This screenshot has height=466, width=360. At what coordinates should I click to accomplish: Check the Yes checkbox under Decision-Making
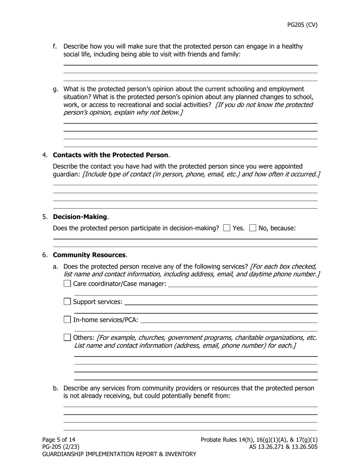[x=227, y=228]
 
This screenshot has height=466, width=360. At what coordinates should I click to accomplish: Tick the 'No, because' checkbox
[x=253, y=228]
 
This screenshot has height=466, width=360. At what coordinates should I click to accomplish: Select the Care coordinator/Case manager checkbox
[x=67, y=283]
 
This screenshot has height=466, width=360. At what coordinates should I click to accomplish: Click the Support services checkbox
[x=67, y=302]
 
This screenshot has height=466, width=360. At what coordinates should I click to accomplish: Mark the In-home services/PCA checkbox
[x=67, y=319]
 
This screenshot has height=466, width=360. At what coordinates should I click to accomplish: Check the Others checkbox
[x=67, y=337]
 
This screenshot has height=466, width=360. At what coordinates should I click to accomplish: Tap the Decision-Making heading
[x=80, y=217]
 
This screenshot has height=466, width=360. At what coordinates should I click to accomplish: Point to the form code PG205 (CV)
[x=302, y=25]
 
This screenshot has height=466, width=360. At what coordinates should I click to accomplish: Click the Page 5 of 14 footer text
[x=59, y=440]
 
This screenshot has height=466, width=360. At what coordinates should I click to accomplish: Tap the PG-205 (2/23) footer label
[x=61, y=447]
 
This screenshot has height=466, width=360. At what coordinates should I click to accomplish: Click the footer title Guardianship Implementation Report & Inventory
[x=119, y=454]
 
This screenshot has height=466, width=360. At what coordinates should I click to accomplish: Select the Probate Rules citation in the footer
[x=259, y=440]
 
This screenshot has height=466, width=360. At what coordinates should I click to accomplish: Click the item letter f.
[x=55, y=46]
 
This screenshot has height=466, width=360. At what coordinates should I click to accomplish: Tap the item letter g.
[x=55, y=89]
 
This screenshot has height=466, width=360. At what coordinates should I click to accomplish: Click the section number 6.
[x=45, y=255]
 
